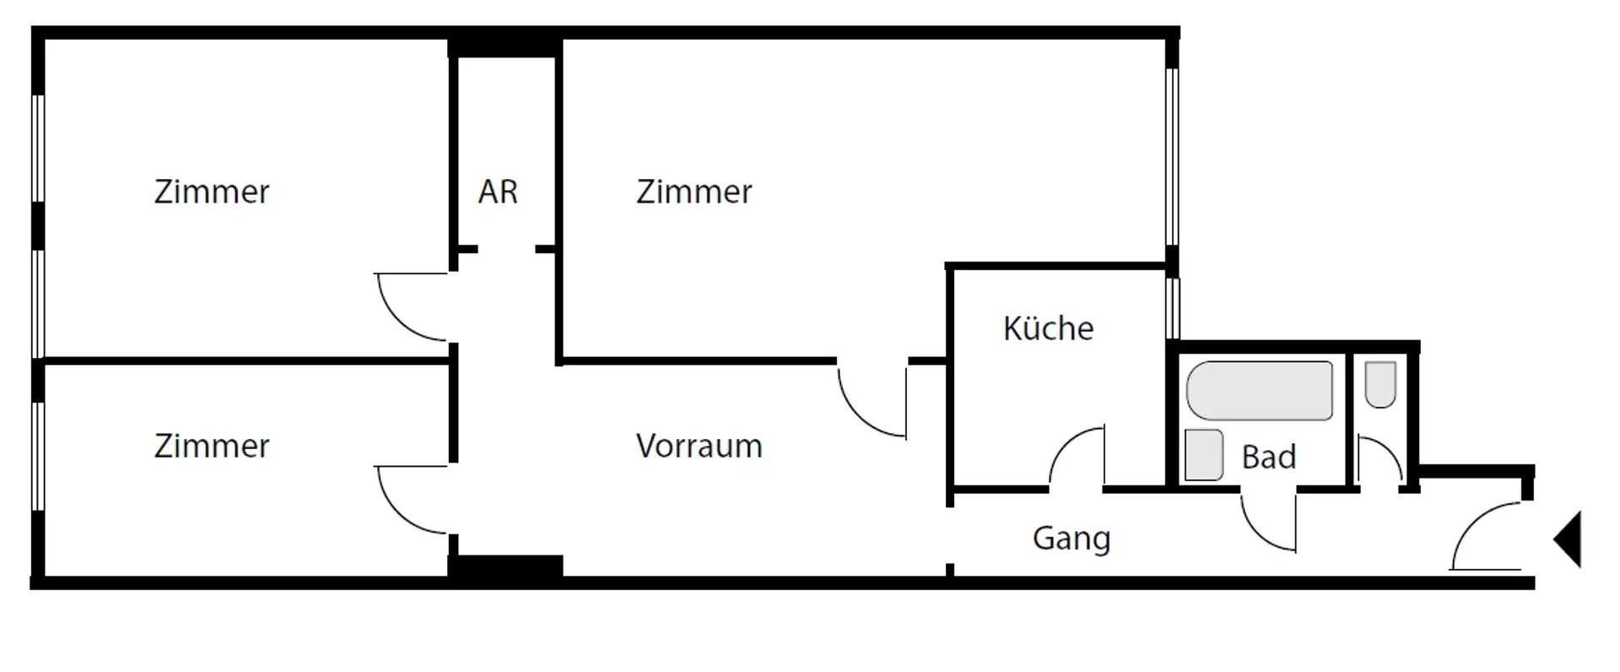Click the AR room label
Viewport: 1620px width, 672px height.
point(498,192)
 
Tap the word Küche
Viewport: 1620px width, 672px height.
point(1048,328)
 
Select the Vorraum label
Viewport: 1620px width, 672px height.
point(699,446)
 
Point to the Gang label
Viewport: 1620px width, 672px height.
point(1071,538)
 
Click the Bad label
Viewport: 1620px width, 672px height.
point(1268,457)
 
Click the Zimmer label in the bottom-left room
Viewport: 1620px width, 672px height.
point(212,446)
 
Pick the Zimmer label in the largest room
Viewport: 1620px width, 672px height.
point(694,192)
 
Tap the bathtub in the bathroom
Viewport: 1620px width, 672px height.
point(1259,390)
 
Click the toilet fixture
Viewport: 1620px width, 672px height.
point(1380,384)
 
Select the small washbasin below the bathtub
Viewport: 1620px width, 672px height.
point(1203,454)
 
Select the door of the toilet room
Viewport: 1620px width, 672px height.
point(1379,461)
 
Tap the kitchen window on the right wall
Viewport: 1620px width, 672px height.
point(1172,308)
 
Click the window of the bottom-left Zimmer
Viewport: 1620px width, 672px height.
point(37,456)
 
